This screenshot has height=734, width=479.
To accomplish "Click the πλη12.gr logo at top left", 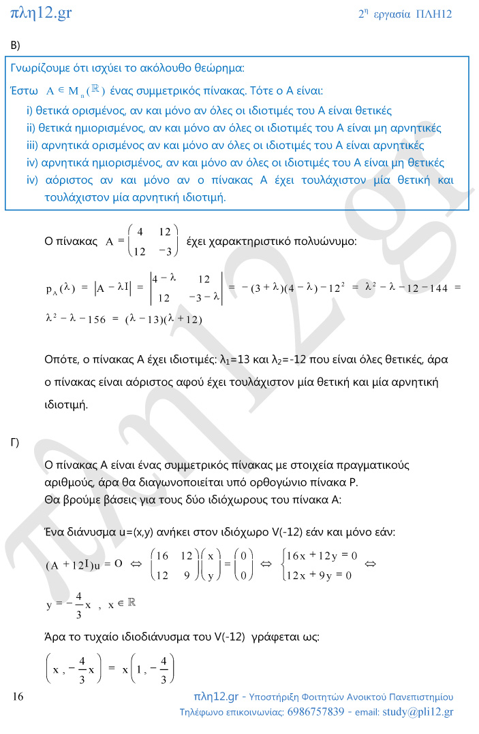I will click(x=42, y=12).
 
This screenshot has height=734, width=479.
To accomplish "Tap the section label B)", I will click(x=16, y=45).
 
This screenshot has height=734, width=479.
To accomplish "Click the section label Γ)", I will click(x=14, y=443).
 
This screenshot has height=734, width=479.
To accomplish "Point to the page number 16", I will click(x=18, y=697).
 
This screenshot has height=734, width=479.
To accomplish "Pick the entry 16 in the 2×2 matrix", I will click(x=161, y=556).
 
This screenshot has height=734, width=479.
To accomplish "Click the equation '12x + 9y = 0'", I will click(x=319, y=575).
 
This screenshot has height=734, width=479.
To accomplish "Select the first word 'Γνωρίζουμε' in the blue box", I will click(x=41, y=69).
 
